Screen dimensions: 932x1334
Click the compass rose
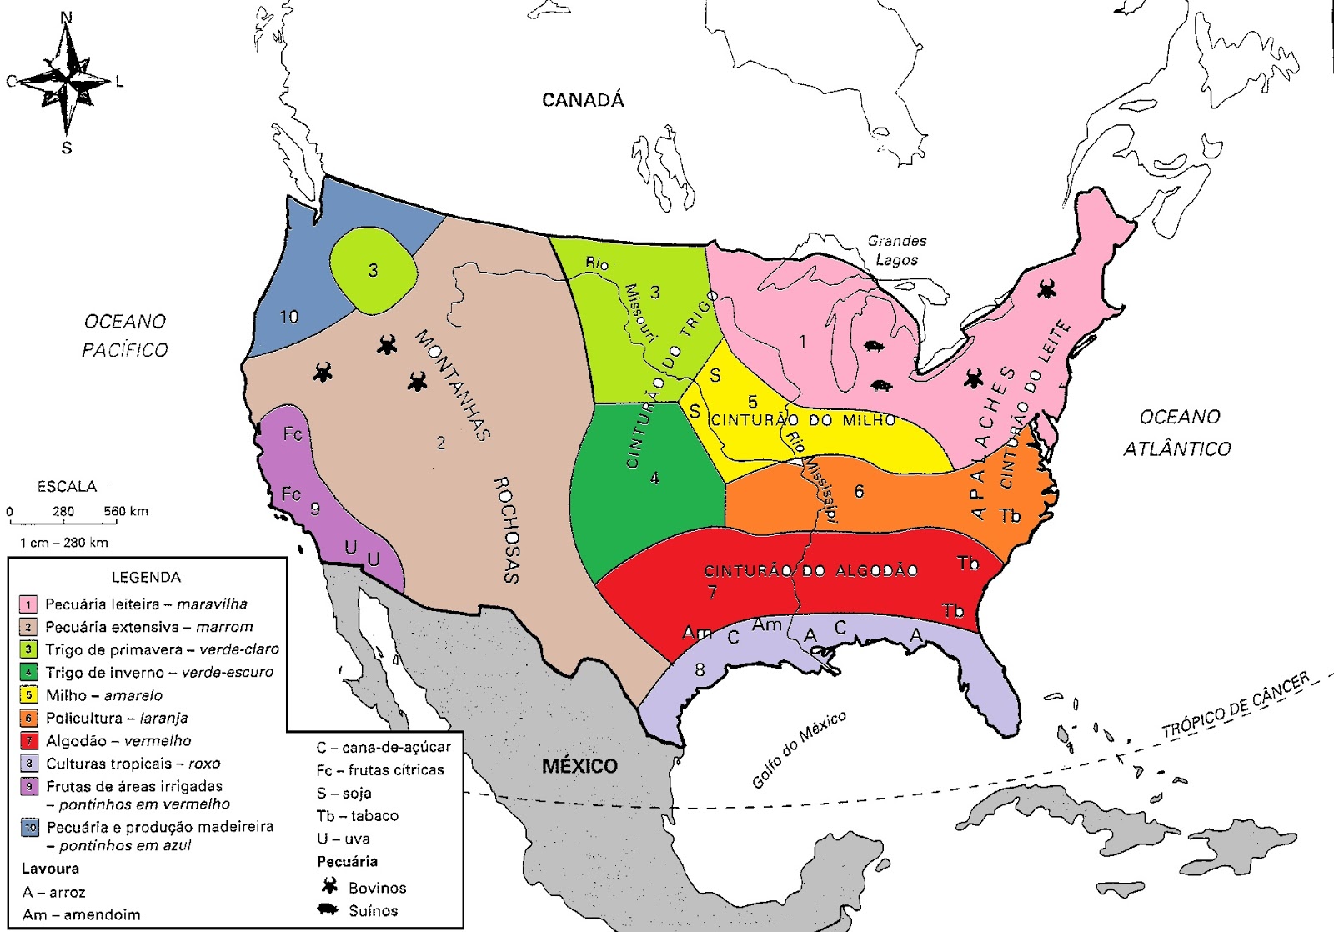67,82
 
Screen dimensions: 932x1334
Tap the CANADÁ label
583,100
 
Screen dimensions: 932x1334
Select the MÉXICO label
580,766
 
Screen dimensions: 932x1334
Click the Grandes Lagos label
897,250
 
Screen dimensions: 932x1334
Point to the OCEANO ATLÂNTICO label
1178,433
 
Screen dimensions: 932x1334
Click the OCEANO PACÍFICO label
125,336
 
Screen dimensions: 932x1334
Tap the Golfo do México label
799,749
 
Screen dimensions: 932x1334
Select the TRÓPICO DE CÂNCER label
1236,704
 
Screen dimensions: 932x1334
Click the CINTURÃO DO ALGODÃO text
811,571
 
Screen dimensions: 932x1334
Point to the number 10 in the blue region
288,317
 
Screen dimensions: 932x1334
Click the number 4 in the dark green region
654,478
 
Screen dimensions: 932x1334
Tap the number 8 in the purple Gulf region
700,669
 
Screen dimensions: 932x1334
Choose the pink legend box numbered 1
29,604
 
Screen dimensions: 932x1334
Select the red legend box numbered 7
29,741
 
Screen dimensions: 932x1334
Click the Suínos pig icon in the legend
329,910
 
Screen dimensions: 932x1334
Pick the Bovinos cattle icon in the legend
330,886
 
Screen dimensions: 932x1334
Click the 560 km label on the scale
126,511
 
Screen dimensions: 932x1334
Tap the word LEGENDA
146,577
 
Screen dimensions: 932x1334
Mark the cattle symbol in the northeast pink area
1046,289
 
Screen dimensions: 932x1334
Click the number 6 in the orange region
859,491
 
